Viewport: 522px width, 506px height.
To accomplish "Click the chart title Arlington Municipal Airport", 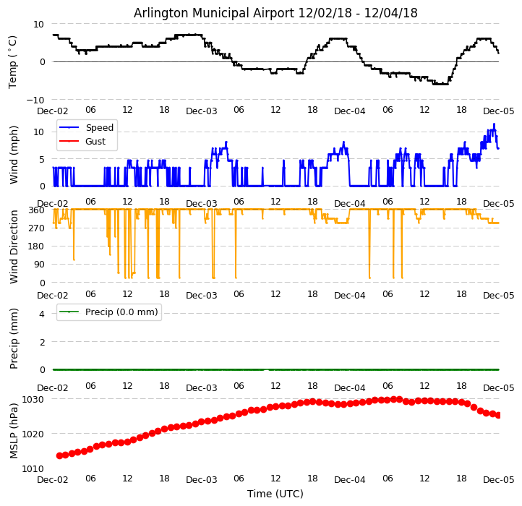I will [x=275, y=13].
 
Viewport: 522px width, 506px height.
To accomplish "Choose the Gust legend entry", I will [x=95, y=142].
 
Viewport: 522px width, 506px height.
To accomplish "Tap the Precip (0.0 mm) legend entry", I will [x=116, y=312].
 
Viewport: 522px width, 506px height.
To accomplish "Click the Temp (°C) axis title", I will [x=13, y=61].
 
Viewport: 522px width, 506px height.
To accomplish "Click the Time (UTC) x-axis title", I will [x=275, y=494].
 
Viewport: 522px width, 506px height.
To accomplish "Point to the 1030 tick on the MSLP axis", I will [x=33, y=400].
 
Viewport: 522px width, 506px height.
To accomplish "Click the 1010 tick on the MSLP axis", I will [x=33, y=468].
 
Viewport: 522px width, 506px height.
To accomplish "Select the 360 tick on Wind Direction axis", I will [x=37, y=210].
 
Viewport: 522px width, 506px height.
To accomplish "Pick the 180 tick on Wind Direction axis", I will [x=37, y=246].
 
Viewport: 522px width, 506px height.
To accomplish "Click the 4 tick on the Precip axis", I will [x=42, y=314].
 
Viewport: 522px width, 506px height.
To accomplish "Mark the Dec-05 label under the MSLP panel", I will [x=499, y=480].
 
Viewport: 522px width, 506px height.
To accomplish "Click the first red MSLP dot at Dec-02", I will [x=59, y=455].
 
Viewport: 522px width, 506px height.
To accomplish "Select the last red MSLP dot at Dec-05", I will [x=498, y=415].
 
